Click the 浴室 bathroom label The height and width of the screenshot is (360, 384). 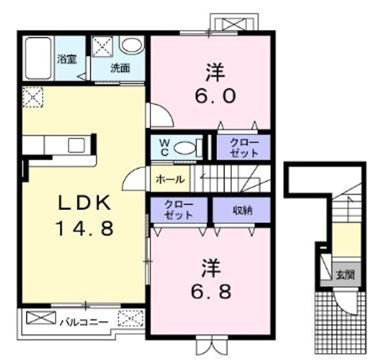[x=67, y=60]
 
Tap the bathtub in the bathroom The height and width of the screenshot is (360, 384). [x=38, y=58]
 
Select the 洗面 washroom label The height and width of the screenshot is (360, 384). [x=120, y=68]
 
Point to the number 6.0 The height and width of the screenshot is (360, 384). [x=215, y=95]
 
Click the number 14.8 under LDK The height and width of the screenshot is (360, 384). [x=85, y=228]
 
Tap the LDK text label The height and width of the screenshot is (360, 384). [x=84, y=203]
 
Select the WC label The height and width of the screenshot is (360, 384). [x=164, y=148]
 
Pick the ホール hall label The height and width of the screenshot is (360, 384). [x=170, y=180]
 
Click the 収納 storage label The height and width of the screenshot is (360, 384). [x=243, y=210]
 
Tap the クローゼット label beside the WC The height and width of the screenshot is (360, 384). [x=244, y=148]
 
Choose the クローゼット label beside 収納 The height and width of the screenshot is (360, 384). [x=179, y=210]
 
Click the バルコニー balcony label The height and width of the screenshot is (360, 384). [x=84, y=322]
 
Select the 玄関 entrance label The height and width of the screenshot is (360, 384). [x=345, y=275]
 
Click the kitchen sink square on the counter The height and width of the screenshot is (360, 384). [x=76, y=145]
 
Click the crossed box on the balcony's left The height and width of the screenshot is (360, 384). [x=41, y=318]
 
